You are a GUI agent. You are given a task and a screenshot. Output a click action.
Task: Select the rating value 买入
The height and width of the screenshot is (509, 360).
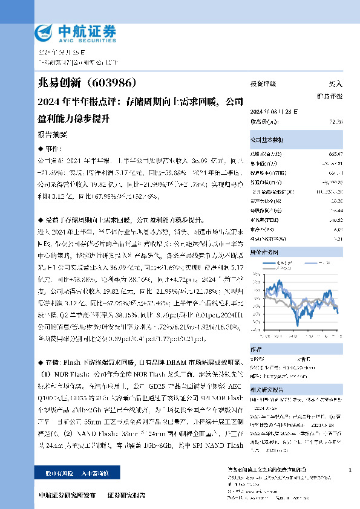335,84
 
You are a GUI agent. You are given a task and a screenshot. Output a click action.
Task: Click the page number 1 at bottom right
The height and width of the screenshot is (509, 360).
351,470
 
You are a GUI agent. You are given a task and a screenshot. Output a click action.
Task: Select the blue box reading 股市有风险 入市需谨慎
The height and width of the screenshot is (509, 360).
70,473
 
